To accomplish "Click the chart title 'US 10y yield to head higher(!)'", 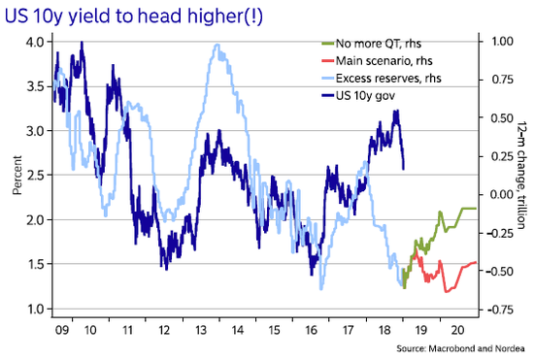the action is [134, 16].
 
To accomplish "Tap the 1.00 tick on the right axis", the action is [502, 41].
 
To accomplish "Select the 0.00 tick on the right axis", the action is [502, 195].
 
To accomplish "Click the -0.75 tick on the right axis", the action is [500, 310].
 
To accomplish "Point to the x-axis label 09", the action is [61, 330].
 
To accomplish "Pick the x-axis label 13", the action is [201, 330].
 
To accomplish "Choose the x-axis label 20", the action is [458, 330].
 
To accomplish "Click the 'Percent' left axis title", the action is [17, 176].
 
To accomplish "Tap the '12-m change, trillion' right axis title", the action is [521, 176].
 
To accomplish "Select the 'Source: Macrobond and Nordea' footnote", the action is [460, 348].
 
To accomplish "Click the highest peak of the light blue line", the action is [217, 45].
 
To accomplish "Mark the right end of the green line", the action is [476, 209].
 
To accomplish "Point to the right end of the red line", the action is [476, 262].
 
